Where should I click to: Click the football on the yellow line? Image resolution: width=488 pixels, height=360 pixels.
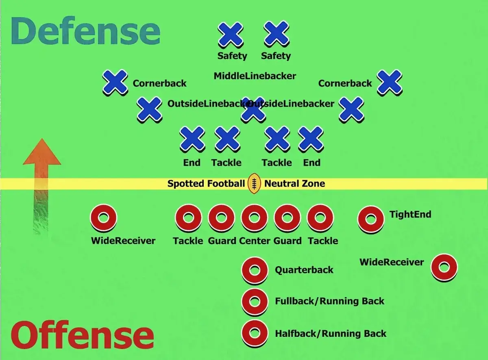[x=254, y=184]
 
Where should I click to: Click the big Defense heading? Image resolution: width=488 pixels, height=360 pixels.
[x=85, y=30]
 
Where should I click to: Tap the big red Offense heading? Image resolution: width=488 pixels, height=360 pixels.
[x=82, y=334]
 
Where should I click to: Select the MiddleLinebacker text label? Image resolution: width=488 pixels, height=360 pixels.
[x=255, y=76]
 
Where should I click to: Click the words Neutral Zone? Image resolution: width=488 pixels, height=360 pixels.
[x=294, y=184]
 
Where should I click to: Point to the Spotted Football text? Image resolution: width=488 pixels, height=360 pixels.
[x=206, y=184]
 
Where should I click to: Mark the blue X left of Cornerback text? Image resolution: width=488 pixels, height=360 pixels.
[x=115, y=82]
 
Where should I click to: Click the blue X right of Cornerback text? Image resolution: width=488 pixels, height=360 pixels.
[x=390, y=82]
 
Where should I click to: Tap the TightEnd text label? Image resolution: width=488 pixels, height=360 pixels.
[x=410, y=215]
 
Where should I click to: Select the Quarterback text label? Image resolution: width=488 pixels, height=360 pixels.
[x=304, y=270]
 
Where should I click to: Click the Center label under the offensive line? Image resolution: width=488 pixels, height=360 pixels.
[x=255, y=241]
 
